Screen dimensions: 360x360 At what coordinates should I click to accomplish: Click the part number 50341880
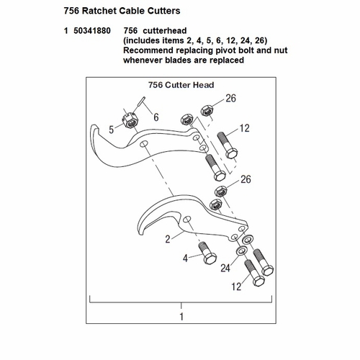click(92, 31)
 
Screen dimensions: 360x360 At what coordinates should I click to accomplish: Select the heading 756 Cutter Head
click(181, 85)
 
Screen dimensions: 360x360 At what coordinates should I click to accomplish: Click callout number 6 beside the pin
click(156, 117)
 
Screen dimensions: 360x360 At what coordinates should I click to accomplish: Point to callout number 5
click(111, 130)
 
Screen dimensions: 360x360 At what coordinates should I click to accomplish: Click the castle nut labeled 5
click(130, 120)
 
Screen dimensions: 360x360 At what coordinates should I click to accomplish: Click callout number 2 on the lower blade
click(168, 239)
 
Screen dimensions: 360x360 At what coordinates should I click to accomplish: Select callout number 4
click(185, 258)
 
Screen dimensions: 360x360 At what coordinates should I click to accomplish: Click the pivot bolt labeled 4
click(207, 253)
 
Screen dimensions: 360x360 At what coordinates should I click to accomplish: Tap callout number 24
click(225, 268)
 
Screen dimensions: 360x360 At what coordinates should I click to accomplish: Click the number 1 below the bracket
click(181, 317)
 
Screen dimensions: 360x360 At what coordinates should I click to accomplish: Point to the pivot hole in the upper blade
click(144, 144)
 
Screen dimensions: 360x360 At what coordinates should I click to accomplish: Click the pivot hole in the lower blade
click(186, 219)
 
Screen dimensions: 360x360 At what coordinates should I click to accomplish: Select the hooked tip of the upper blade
click(94, 128)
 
